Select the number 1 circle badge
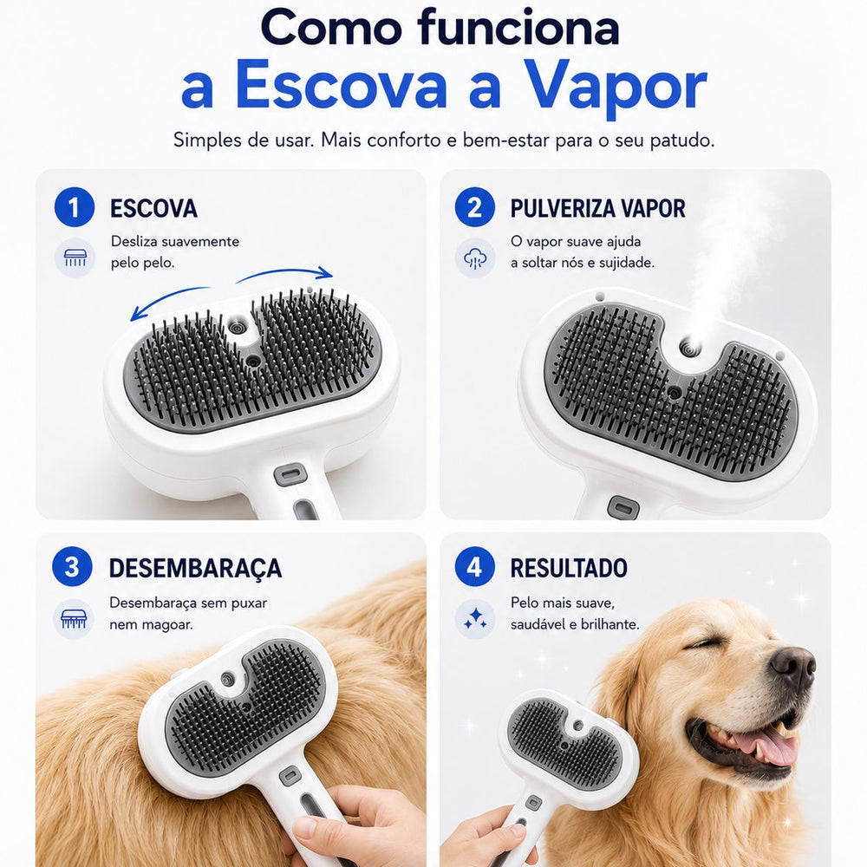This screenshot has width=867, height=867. pyautogui.click(x=75, y=207)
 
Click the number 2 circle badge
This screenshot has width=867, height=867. pyautogui.click(x=475, y=207)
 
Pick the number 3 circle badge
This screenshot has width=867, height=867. pyautogui.click(x=73, y=567)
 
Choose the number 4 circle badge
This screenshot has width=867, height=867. pyautogui.click(x=475, y=567)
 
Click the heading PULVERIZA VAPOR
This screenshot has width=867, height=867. pyautogui.click(x=597, y=208)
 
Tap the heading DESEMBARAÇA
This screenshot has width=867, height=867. pyautogui.click(x=195, y=569)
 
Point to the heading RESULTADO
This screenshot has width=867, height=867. pyautogui.click(x=569, y=568)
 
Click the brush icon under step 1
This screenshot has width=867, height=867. pyautogui.click(x=75, y=257)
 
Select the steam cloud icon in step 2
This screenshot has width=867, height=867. pyautogui.click(x=475, y=258)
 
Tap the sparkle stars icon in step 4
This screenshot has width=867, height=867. pyautogui.click(x=475, y=619)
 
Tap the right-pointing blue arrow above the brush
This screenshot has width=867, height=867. pyautogui.click(x=284, y=274)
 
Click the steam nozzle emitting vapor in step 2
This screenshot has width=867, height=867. pyautogui.click(x=689, y=348)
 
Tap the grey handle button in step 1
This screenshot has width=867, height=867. pyautogui.click(x=290, y=474)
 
